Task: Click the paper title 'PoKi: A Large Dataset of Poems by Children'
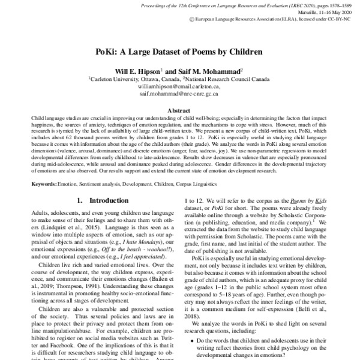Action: (x=179, y=52)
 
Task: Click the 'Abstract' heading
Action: (x=179, y=111)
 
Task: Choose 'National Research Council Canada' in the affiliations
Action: (x=228, y=79)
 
